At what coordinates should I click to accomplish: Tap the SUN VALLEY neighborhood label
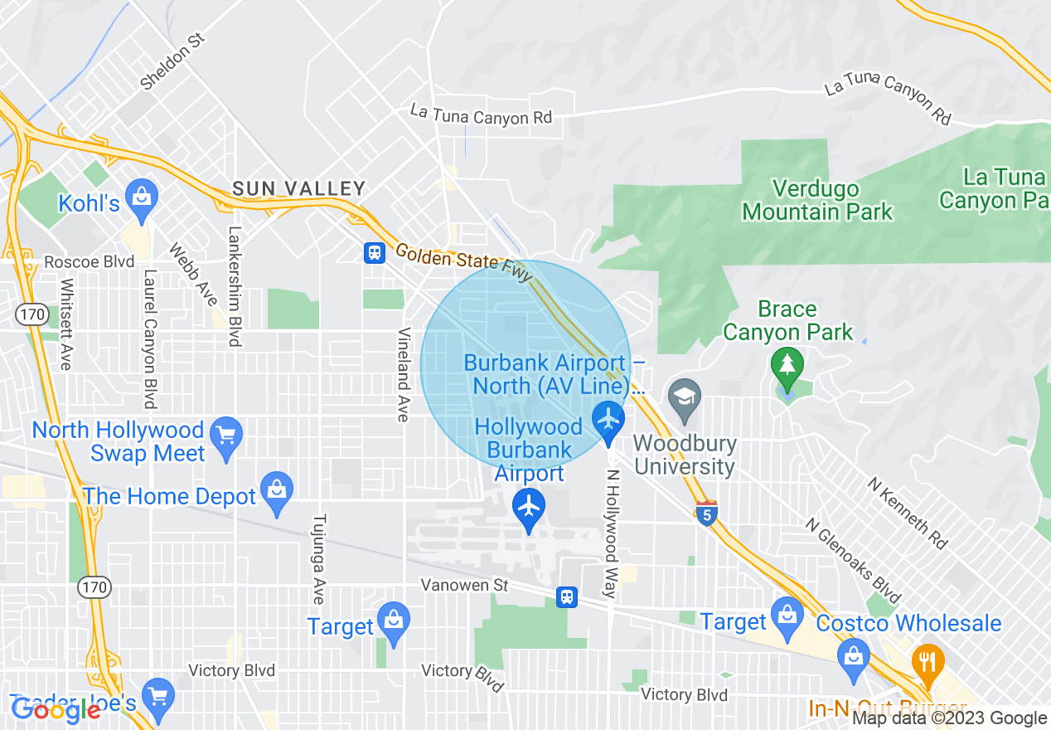tap(299, 189)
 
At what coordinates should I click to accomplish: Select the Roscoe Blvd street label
tap(90, 261)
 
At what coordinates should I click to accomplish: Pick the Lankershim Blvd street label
tap(235, 286)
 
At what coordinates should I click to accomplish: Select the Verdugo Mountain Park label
tap(817, 201)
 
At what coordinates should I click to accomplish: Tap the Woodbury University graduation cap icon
tap(684, 396)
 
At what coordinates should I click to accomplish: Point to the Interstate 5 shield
tap(706, 513)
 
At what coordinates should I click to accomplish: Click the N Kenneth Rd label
tap(908, 513)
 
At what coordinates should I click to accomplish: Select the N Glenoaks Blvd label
tap(853, 561)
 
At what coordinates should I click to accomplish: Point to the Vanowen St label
tap(464, 586)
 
